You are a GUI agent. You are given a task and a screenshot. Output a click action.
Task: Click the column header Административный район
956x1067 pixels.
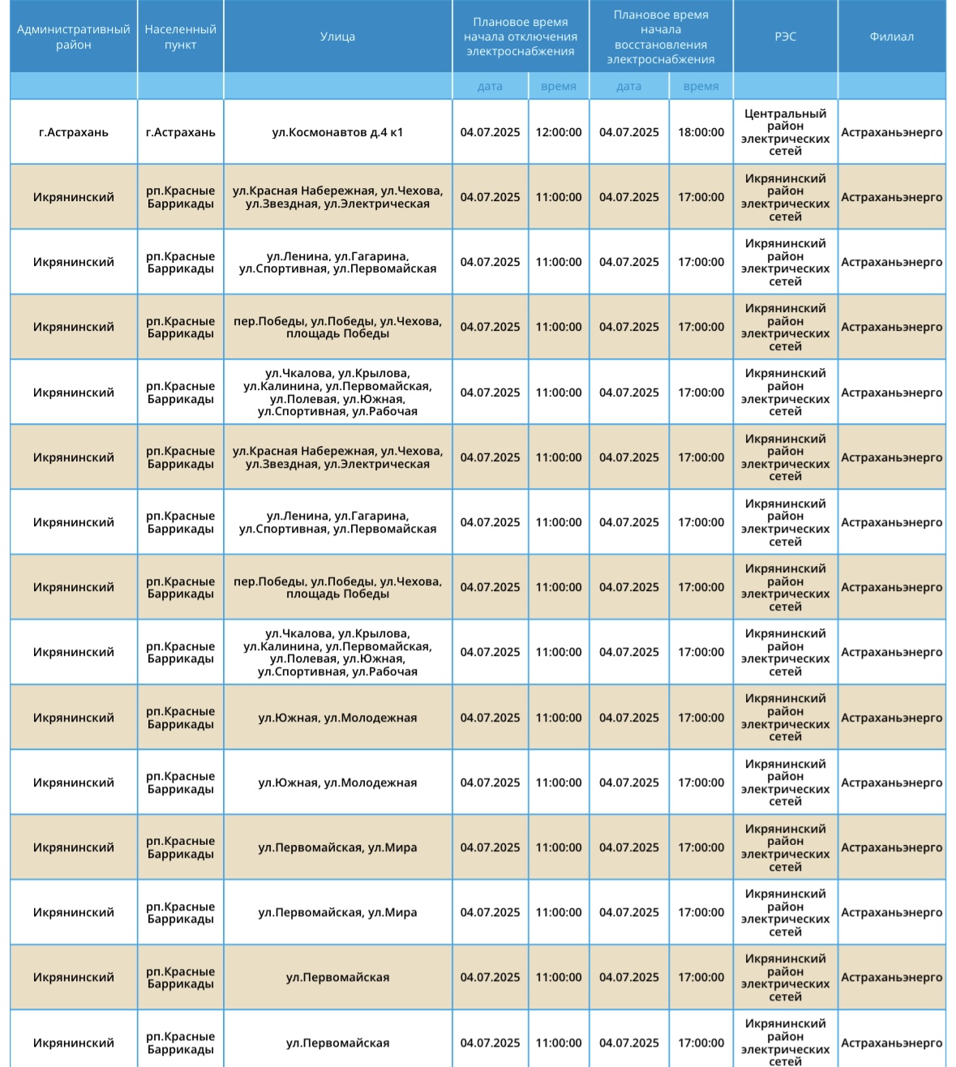coord(74,36)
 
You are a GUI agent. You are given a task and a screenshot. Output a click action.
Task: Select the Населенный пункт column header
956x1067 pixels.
coord(180,36)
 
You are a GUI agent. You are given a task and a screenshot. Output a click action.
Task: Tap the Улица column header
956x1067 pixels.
coord(337,36)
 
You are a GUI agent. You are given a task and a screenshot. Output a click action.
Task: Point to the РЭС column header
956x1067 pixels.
coord(785,36)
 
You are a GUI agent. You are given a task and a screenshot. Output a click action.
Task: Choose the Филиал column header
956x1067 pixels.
coord(891,36)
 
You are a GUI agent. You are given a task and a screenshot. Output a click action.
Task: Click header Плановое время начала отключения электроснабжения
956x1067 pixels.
coord(521,36)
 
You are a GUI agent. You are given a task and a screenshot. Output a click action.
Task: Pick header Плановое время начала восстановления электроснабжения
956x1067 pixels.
coord(661,36)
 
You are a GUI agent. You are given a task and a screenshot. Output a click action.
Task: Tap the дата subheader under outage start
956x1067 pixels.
coord(490,86)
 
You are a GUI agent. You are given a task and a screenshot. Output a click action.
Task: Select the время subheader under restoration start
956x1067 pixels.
coord(701,86)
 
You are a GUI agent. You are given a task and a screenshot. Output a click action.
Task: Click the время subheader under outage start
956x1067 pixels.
coord(559,86)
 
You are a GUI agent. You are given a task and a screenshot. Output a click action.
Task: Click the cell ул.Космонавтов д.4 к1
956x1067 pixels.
coord(337,132)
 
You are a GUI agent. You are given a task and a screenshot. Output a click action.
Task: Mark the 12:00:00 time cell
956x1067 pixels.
coord(559,132)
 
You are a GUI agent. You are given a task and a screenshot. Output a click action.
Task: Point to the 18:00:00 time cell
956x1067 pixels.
coord(701,132)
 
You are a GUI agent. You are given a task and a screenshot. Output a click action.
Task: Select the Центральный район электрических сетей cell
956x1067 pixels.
coord(785,132)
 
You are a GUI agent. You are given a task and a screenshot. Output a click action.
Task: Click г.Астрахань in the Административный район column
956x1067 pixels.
coord(74,132)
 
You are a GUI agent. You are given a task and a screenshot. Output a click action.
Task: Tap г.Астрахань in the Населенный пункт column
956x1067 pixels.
coord(180,132)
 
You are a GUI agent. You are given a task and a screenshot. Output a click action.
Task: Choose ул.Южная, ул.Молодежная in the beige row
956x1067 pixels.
coord(337,718)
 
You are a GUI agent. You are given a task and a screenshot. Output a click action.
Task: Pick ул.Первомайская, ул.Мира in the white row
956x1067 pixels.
coord(337,912)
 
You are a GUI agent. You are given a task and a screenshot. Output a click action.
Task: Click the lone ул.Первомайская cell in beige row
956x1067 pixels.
coord(337,977)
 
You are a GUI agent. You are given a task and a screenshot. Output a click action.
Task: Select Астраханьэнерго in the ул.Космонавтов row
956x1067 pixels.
coord(891,132)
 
